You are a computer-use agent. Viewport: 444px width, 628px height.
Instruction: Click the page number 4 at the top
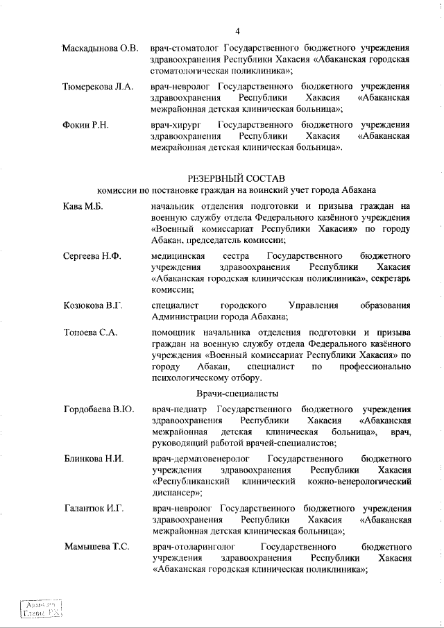click(x=237, y=31)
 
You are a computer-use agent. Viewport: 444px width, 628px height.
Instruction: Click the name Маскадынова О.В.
click(x=101, y=49)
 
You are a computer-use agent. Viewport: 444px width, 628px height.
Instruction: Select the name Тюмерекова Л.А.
click(x=96, y=87)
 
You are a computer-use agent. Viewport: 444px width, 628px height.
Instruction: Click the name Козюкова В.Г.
click(x=92, y=306)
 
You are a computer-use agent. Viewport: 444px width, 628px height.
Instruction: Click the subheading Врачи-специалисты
click(x=237, y=393)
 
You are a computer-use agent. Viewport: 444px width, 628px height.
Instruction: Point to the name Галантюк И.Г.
click(x=94, y=509)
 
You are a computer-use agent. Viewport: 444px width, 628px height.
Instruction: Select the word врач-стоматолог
click(x=184, y=49)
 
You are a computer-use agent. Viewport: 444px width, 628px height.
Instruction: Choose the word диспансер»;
click(x=177, y=493)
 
